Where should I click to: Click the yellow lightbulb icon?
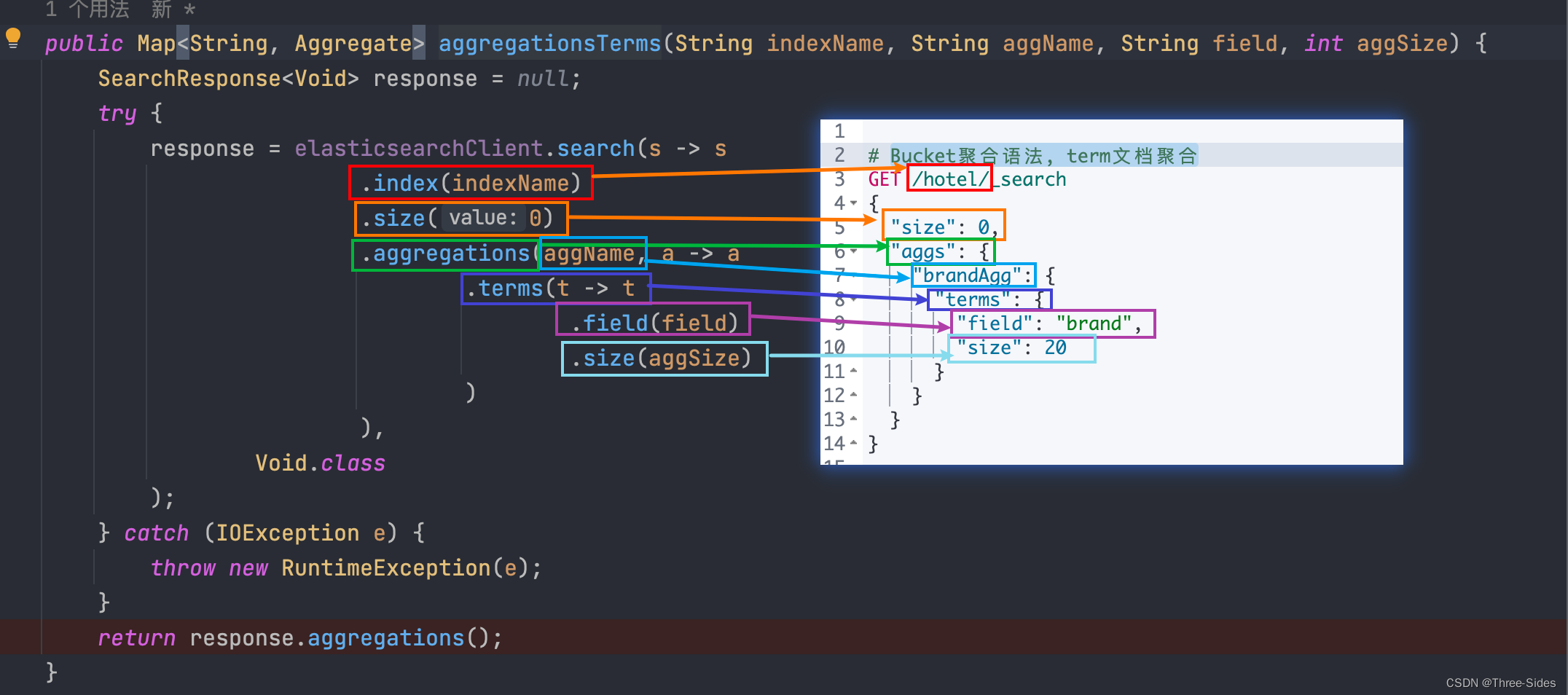click(x=13, y=36)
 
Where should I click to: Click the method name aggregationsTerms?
click(x=549, y=44)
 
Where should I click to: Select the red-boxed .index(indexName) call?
click(x=471, y=183)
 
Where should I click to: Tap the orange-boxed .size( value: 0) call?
click(x=461, y=218)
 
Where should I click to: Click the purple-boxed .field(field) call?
click(x=654, y=322)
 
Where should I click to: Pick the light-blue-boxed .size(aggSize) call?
click(x=665, y=358)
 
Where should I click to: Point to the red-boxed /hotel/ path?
click(x=949, y=179)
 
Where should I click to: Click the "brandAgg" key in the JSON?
click(x=973, y=275)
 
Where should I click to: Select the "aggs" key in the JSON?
click(x=924, y=252)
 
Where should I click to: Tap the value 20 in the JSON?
click(x=1055, y=347)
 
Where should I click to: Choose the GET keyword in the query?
click(x=883, y=179)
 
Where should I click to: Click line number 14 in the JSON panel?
click(x=834, y=443)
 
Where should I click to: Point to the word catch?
click(x=156, y=533)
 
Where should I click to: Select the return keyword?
click(x=136, y=638)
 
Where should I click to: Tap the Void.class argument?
click(x=320, y=463)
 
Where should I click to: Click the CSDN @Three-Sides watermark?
click(x=1500, y=683)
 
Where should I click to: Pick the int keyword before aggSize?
click(x=1322, y=44)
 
